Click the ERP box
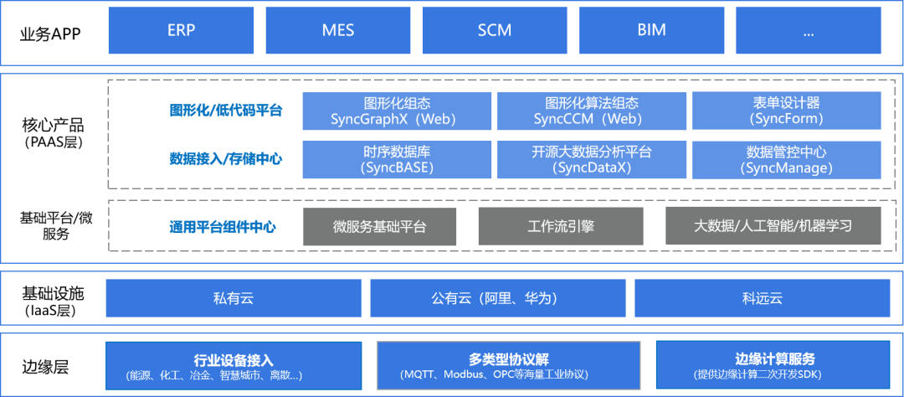click(x=181, y=31)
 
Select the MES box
click(x=337, y=31)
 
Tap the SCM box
click(x=495, y=31)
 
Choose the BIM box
click(x=651, y=31)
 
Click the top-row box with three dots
click(x=808, y=31)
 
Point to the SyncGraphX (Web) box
click(x=397, y=111)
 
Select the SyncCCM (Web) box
click(x=592, y=111)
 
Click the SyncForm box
click(x=786, y=111)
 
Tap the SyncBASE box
click(x=397, y=159)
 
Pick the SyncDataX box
click(x=592, y=159)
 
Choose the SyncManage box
click(x=786, y=159)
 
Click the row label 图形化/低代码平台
click(x=226, y=111)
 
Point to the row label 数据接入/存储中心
click(x=226, y=158)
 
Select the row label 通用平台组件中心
click(x=223, y=226)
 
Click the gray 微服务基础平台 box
click(x=379, y=226)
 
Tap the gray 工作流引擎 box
click(x=561, y=226)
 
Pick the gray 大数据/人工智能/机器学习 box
click(x=773, y=226)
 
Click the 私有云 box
click(x=233, y=298)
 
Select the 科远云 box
click(x=762, y=298)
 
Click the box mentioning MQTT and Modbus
click(x=508, y=365)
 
